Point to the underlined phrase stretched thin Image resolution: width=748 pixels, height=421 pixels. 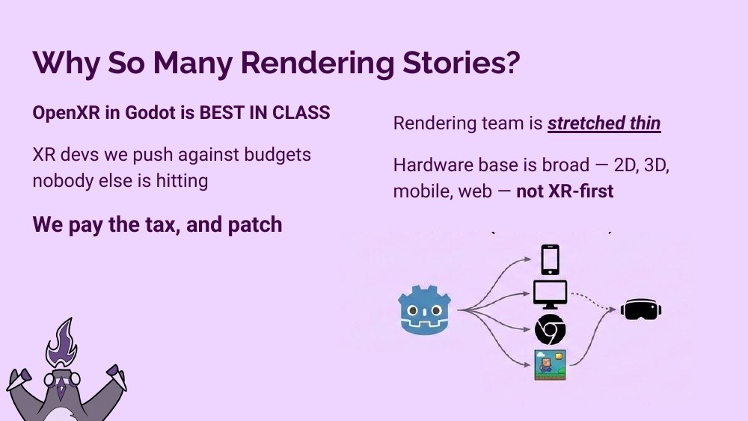point(604,123)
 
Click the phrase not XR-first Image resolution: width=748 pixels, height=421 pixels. point(565,191)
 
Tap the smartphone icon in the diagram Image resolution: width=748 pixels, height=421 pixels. point(551,260)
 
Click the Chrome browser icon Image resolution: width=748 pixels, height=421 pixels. point(550,329)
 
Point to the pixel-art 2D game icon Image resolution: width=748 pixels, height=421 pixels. point(550,364)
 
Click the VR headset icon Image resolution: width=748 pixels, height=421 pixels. point(643,310)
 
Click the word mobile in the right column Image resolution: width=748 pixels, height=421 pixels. point(420,191)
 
